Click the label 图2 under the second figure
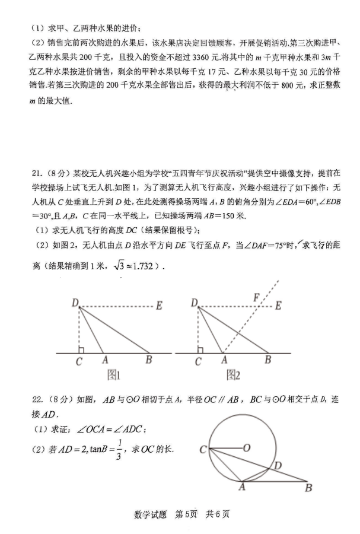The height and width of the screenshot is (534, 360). [232, 375]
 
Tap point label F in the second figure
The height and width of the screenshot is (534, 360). [256, 297]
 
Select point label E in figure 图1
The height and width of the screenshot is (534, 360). [159, 306]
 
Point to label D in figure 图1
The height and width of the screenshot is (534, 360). [75, 304]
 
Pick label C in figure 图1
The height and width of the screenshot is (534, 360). [78, 361]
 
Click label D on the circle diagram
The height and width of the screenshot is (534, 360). [277, 466]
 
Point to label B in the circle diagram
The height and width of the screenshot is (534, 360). [308, 488]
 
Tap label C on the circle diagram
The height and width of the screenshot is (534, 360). [203, 450]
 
